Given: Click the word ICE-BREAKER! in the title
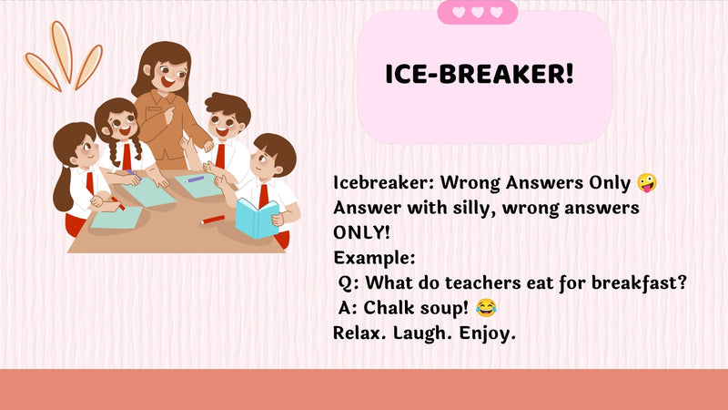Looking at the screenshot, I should pos(480,74).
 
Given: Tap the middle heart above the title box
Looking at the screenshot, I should pos(477,12).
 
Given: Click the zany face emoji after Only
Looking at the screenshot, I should pos(647,183).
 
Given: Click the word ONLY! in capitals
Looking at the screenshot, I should pos(361,232).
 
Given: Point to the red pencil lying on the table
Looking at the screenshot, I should pos(213,220).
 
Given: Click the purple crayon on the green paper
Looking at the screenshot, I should pos(195,179).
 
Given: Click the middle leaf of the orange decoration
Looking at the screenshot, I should pos(61,50).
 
